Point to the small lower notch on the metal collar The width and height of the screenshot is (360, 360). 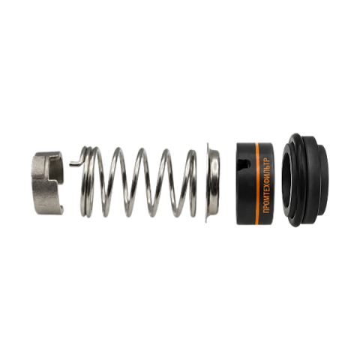[61, 210]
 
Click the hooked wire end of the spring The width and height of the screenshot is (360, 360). [76, 162]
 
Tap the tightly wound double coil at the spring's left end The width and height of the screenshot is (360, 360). [88, 181]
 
